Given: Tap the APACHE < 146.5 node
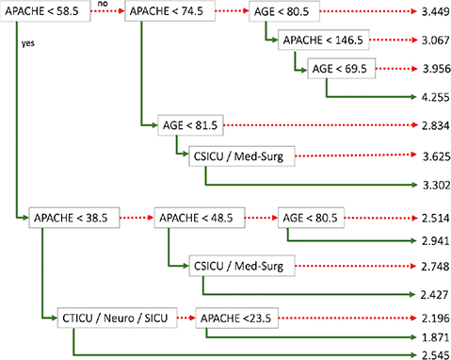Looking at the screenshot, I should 319,42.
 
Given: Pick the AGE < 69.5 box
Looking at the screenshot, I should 340,69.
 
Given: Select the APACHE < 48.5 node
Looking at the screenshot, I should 195,217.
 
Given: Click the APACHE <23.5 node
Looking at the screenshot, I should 237,317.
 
